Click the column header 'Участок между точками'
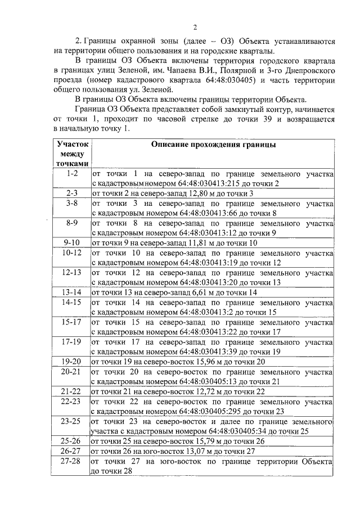pyautogui.click(x=72, y=154)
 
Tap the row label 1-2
pyautogui.click(x=72, y=174)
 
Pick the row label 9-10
pyautogui.click(x=72, y=242)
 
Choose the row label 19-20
pyautogui.click(x=72, y=361)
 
